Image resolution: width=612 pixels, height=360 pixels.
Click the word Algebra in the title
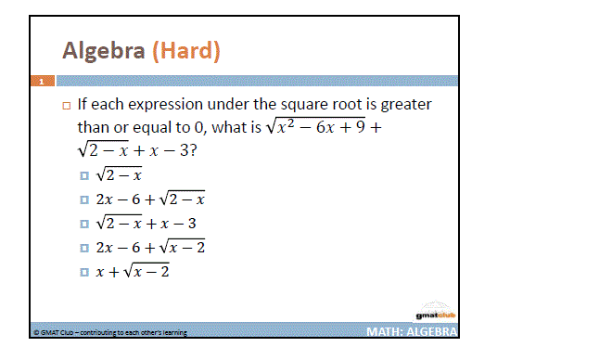[x=103, y=50]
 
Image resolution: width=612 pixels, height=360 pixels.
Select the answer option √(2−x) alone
[x=122, y=174]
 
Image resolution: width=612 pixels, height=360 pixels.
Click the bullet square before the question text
[x=67, y=106]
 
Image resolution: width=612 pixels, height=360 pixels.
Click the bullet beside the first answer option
[x=85, y=174]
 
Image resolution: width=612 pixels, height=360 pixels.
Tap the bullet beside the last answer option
[x=85, y=272]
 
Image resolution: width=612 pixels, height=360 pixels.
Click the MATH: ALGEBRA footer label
[x=411, y=331]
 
